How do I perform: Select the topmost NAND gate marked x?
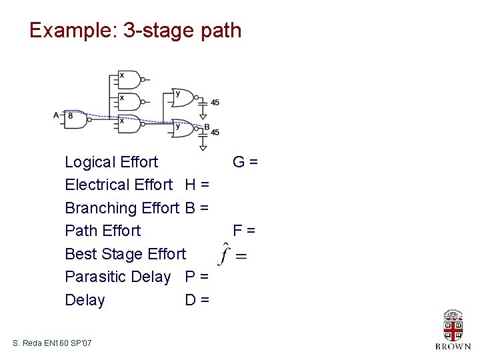point(129,81)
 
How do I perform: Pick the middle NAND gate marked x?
point(129,101)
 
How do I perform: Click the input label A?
point(56,115)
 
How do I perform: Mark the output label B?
point(207,127)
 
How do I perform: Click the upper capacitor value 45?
point(215,103)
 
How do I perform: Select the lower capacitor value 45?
point(215,133)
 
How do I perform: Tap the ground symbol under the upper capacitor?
point(203,116)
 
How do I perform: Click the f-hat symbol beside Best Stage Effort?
point(226,254)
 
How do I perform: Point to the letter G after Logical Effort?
point(238,162)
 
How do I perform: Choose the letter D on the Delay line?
point(191,300)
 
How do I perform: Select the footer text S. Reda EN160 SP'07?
point(52,343)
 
